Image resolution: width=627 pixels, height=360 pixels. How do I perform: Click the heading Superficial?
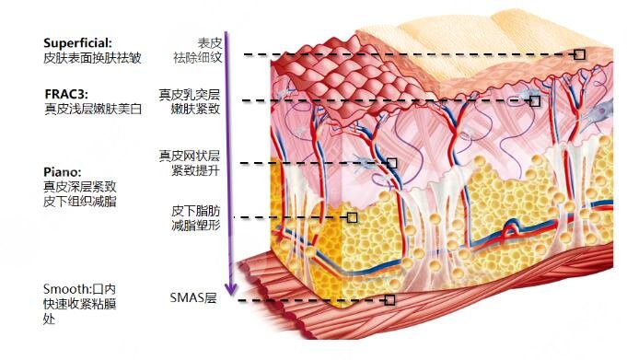tap(77, 42)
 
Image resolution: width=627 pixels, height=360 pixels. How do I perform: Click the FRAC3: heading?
tap(66, 94)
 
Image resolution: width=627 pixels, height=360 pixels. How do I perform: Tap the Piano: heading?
tap(63, 172)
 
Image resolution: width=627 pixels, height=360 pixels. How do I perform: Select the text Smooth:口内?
tap(79, 289)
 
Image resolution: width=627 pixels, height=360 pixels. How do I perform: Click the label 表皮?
tap(210, 42)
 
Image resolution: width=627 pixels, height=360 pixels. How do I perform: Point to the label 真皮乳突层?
tap(190, 95)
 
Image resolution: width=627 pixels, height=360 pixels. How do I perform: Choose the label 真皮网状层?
tap(190, 156)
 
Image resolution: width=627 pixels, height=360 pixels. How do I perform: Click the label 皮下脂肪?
tap(196, 211)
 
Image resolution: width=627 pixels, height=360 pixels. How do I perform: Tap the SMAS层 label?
tap(193, 297)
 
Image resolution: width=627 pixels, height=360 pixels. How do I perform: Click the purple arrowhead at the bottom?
tap(231, 289)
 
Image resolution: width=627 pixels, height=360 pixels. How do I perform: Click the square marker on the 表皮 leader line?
tap(579, 54)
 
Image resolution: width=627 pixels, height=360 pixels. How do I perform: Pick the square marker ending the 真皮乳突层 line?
tap(535, 100)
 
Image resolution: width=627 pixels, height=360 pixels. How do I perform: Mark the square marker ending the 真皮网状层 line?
tap(391, 163)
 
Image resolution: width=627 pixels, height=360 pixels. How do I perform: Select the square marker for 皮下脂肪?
tap(352, 217)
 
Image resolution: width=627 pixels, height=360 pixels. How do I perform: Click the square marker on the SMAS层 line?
tap(389, 300)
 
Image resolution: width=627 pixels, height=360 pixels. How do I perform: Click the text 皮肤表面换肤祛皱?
tap(92, 58)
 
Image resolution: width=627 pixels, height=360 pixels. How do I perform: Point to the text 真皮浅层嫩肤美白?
tap(93, 109)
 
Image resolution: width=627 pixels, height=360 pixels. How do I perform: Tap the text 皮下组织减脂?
tap(80, 201)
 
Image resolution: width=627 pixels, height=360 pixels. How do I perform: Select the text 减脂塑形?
tap(196, 226)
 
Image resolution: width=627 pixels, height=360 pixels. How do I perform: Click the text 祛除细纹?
tap(198, 58)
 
